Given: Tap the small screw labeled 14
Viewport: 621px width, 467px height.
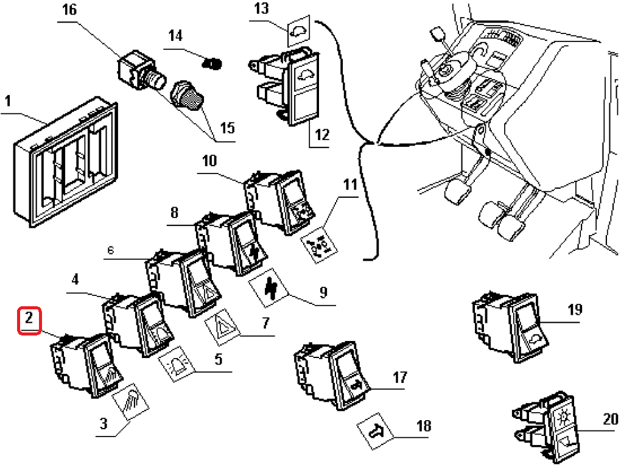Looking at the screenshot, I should (212, 62).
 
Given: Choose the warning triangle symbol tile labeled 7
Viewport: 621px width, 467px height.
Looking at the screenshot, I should (223, 326).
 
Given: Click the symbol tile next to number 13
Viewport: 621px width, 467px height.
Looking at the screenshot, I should (300, 29).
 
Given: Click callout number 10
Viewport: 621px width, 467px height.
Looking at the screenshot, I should (209, 161).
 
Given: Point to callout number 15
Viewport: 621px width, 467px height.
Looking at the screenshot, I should (227, 128).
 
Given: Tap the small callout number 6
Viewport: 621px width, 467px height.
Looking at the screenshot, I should (110, 250).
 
